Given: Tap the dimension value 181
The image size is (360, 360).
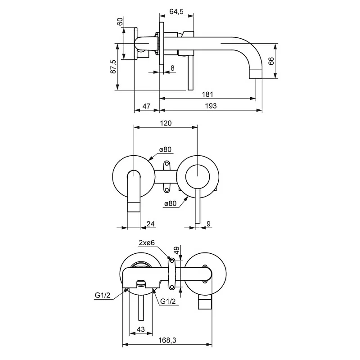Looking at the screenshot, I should (x=207, y=94).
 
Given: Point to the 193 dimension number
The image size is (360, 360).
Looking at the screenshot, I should (x=211, y=106).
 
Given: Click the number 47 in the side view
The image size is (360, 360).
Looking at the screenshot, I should (x=146, y=106).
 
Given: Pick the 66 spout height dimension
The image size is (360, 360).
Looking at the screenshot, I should (x=271, y=61).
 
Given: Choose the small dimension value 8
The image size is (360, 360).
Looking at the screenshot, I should (x=173, y=68).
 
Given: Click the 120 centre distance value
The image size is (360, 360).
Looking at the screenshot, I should (x=166, y=123).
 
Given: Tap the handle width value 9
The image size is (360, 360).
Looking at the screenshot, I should (x=208, y=223).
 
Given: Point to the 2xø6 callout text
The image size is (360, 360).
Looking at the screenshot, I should (x=147, y=243).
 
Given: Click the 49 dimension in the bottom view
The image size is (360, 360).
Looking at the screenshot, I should (x=176, y=250).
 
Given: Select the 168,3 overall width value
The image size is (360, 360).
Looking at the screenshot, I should (x=167, y=341).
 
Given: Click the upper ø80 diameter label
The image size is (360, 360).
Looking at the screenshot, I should (x=165, y=150).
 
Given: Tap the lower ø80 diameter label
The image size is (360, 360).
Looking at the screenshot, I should (x=170, y=203).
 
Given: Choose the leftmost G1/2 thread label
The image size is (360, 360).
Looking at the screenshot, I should (x=103, y=296).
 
